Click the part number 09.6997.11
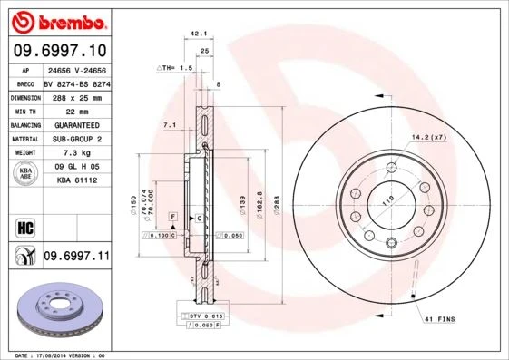point(75,257)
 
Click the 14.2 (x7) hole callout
point(428,137)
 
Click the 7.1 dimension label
point(170,123)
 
